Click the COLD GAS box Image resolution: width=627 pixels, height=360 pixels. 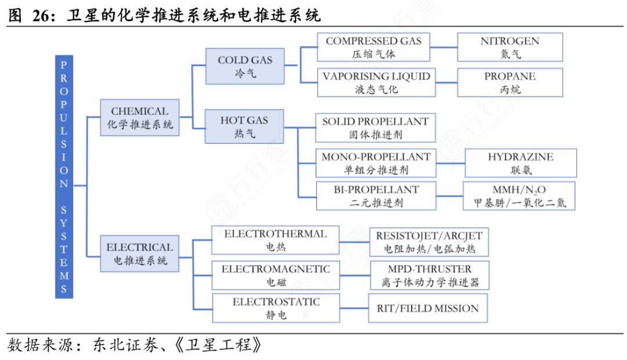pos(244,66)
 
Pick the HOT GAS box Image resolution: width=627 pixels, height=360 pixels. pos(244,127)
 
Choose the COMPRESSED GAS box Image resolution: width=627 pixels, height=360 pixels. pos(373,47)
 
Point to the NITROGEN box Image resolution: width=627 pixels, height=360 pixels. pos(510,47)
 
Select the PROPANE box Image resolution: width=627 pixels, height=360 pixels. pos(510,82)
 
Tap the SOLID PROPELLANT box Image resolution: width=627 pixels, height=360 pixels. pos(375,128)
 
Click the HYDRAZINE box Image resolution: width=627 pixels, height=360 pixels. pos(520,163)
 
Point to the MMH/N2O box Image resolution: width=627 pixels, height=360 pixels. pos(519,196)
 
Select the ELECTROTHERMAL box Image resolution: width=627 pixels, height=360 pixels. pos(275,240)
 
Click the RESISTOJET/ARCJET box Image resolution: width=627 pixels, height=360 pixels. pos(429,242)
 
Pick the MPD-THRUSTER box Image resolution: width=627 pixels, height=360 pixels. pos(429,275)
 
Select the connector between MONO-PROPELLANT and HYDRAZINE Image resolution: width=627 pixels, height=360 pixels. pos(450,163)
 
